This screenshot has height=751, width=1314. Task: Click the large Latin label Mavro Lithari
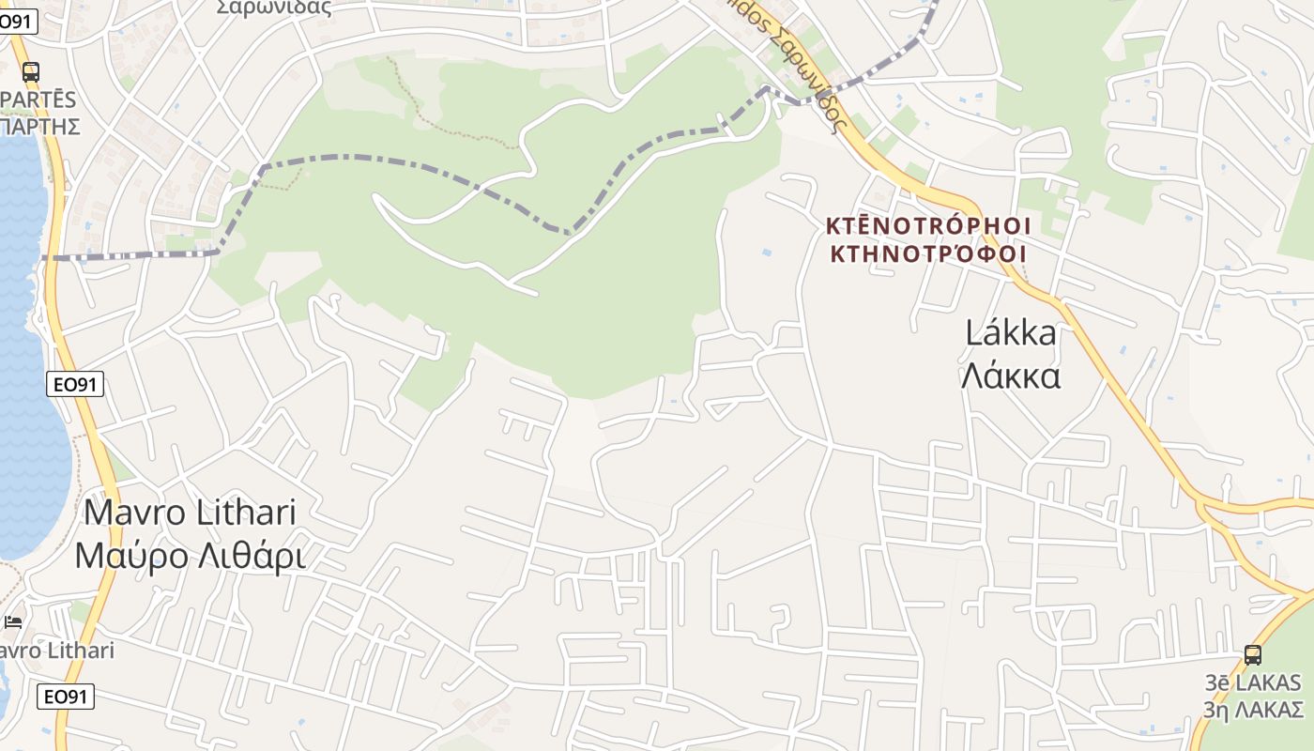pos(191,513)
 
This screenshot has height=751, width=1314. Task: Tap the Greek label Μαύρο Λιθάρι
pos(191,556)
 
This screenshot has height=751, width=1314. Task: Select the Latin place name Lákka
pos(1011,333)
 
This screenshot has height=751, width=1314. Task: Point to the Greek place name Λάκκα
pos(1011,376)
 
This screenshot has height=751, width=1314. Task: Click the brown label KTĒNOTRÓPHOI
pos(929,225)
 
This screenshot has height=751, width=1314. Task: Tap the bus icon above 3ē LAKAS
pos(1252,654)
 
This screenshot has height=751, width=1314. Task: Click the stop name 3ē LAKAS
pos(1255,682)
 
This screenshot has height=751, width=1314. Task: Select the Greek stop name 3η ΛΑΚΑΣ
pos(1255,708)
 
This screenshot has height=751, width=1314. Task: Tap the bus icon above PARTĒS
pos(31,71)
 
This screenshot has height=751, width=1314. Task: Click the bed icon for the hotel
pos(13,621)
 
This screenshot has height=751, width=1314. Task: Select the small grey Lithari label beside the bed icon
pos(58,651)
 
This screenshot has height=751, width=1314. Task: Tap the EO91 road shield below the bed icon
pos(66,697)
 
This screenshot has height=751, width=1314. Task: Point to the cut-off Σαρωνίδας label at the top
pos(274,8)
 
